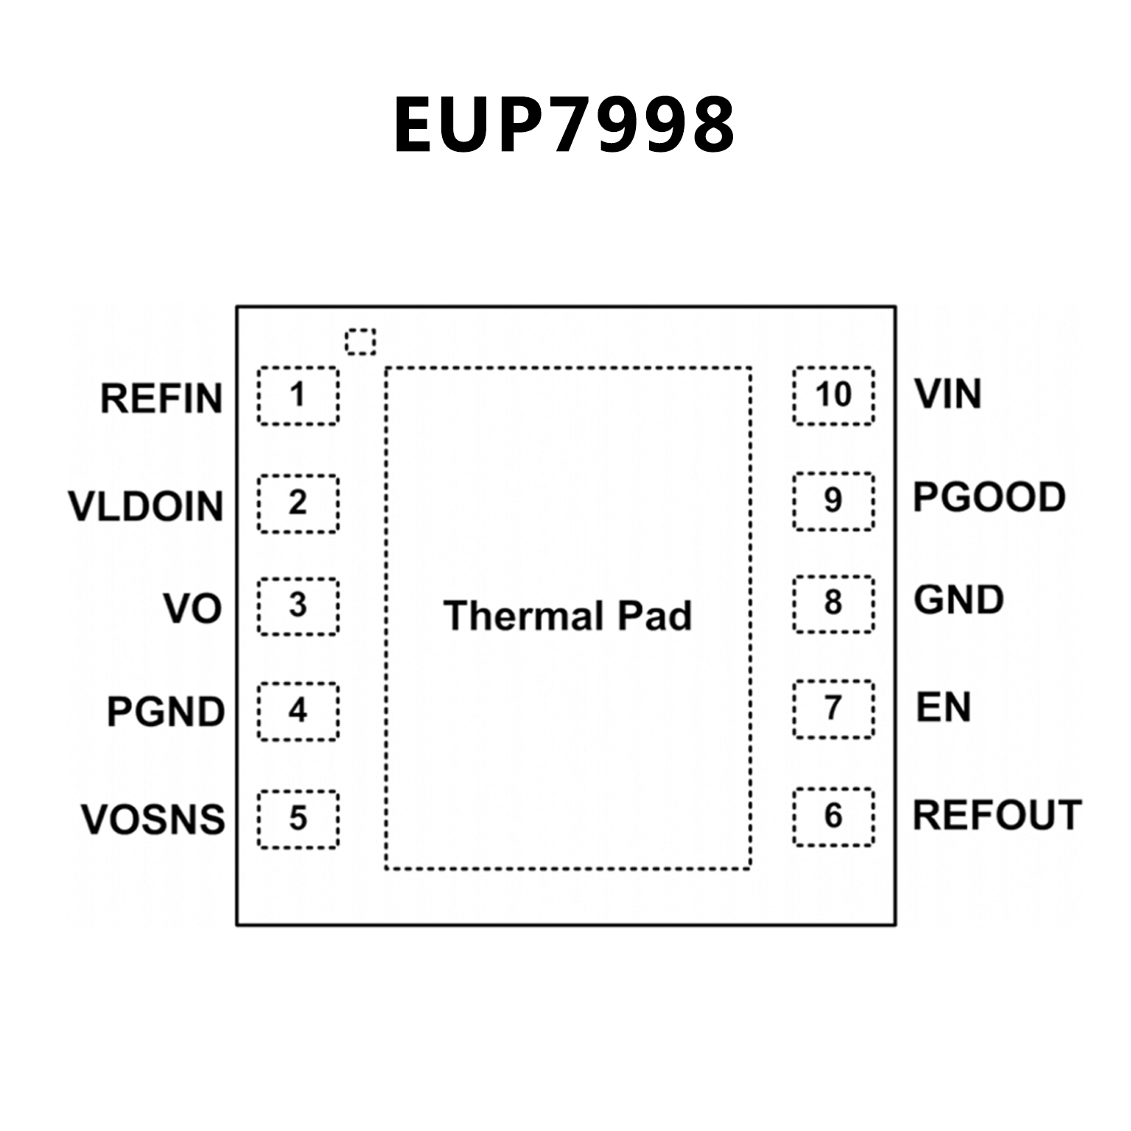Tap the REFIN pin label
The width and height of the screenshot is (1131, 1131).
161,399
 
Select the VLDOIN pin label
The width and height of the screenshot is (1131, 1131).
146,507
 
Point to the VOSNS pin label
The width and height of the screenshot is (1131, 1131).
153,819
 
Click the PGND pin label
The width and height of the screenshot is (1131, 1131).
166,712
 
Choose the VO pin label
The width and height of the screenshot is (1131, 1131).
192,609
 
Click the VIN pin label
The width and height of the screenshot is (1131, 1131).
948,394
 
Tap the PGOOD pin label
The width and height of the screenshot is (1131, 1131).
989,497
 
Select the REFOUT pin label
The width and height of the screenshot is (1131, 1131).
997,815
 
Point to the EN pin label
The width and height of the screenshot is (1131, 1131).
943,707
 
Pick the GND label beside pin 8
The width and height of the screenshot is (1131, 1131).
959,600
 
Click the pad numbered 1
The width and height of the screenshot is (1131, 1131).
298,396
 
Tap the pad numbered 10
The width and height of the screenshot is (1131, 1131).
833,396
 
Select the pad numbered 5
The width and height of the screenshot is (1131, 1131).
298,819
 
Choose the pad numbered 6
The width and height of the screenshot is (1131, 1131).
833,816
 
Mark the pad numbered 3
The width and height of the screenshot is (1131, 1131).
298,606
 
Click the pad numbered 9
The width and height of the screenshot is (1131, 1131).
833,501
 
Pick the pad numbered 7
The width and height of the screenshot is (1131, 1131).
833,709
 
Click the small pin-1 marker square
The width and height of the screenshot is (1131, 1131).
360,342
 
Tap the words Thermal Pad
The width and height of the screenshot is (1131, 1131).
567,616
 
